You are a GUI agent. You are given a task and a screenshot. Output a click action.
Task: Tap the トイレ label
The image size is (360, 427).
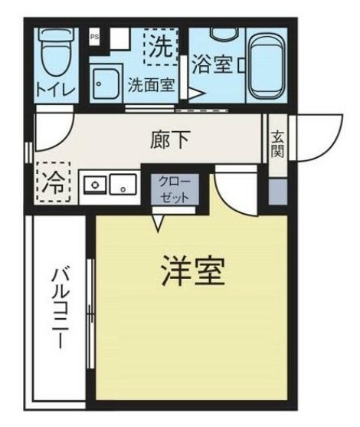pyautogui.click(x=56, y=90)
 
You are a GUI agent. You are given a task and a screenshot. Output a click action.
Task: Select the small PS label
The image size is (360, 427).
pyautogui.click(x=94, y=36)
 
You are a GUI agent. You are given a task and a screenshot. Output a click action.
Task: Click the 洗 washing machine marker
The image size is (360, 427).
pyautogui.click(x=161, y=47)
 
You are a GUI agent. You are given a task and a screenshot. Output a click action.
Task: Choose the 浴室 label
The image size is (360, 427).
pyautogui.click(x=211, y=64)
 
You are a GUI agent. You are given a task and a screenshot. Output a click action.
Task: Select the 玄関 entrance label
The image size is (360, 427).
pyautogui.click(x=277, y=143)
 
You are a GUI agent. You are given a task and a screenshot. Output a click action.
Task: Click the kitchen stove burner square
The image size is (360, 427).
pyautogui.click(x=96, y=184)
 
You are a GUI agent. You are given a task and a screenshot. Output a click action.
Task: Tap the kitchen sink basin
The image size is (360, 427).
pyautogui.click(x=122, y=184)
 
